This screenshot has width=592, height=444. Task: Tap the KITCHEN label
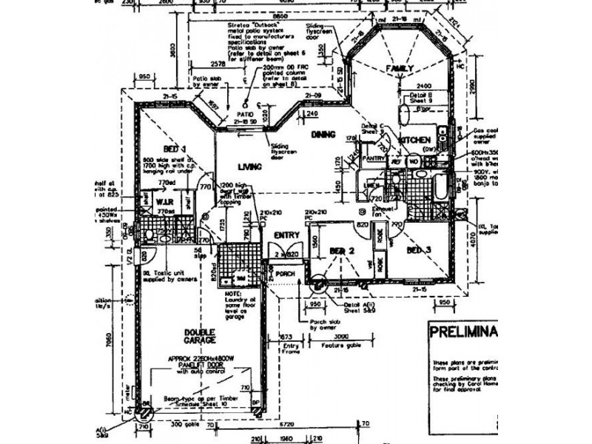pyautogui.click(x=414, y=140)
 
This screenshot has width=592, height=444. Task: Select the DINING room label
pyautogui.click(x=323, y=134)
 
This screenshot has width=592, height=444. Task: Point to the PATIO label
pyautogui.click(x=246, y=113)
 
